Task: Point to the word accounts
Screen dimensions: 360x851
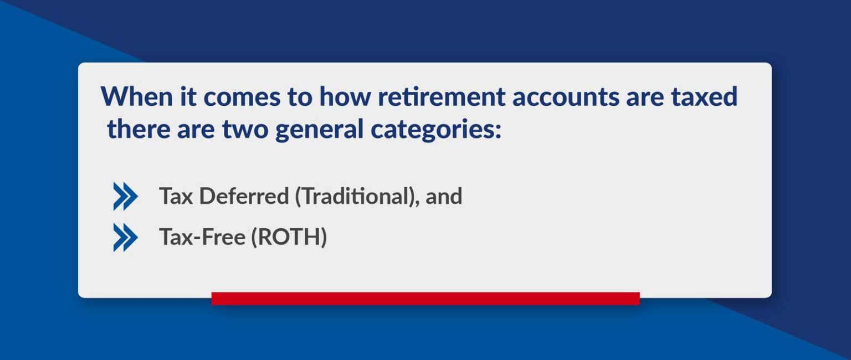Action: tap(563, 97)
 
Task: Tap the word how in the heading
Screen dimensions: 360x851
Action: tap(344, 97)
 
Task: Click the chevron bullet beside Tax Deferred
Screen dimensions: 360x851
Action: tap(125, 196)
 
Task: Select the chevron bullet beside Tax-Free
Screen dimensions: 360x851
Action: tap(125, 238)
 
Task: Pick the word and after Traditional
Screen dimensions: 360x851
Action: tap(444, 196)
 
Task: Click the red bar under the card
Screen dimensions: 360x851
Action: tap(425, 299)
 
